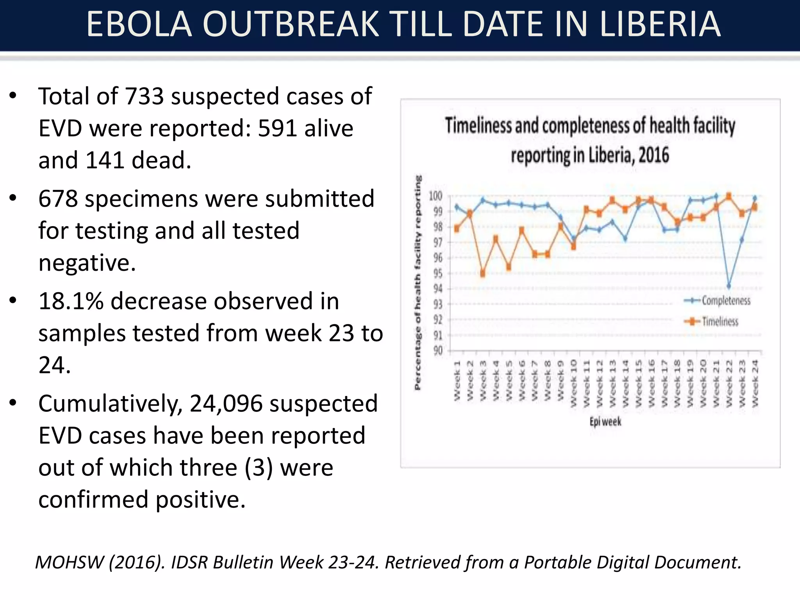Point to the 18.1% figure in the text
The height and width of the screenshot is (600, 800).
click(x=70, y=301)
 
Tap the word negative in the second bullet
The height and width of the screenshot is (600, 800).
click(x=87, y=262)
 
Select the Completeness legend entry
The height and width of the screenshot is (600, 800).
click(x=725, y=300)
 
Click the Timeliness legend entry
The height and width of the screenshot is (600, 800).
click(x=720, y=321)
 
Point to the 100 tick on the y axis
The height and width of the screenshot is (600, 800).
click(x=436, y=196)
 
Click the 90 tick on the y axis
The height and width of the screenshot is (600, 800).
click(x=438, y=350)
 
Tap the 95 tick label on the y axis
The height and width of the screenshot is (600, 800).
click(x=438, y=273)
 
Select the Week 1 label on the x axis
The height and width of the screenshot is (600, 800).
click(x=457, y=381)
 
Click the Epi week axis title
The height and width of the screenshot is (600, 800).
click(x=605, y=422)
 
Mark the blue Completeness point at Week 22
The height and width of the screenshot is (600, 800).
click(x=729, y=286)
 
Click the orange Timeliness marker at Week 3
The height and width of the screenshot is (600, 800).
click(x=483, y=274)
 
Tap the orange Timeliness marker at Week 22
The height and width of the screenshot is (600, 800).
click(x=729, y=196)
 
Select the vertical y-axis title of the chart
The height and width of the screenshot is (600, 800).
click(x=418, y=282)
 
